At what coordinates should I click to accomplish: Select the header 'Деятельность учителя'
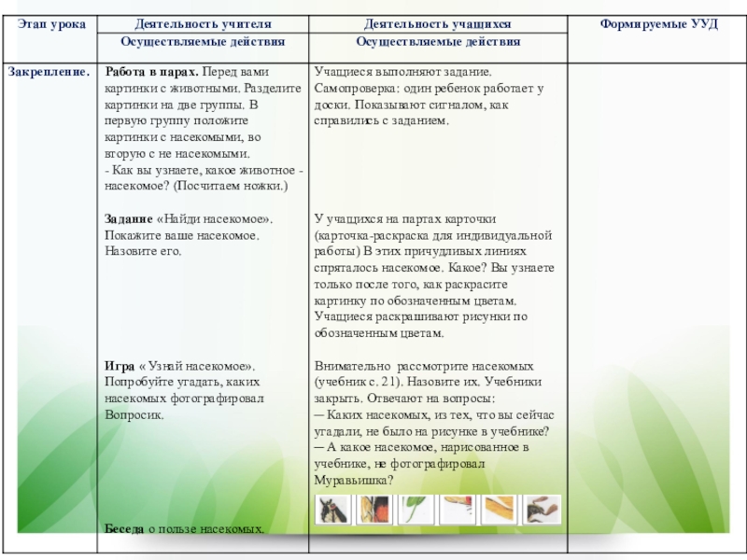pyautogui.click(x=203, y=22)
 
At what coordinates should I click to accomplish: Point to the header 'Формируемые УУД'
pyautogui.click(x=657, y=22)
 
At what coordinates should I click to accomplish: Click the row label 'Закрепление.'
pyautogui.click(x=49, y=70)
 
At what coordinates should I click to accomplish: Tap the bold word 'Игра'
pyautogui.click(x=119, y=367)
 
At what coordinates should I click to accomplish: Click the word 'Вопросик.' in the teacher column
pyautogui.click(x=134, y=414)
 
